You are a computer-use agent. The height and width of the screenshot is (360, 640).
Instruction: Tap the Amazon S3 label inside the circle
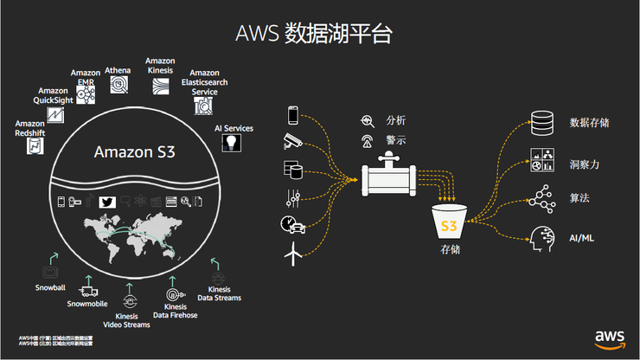click(x=135, y=153)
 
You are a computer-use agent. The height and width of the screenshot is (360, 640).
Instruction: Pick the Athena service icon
click(x=118, y=85)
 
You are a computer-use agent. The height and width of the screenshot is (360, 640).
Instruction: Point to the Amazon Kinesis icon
click(x=161, y=85)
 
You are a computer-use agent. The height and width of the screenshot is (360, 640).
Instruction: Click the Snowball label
click(x=51, y=285)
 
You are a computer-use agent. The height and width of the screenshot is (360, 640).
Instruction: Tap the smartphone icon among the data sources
click(x=293, y=114)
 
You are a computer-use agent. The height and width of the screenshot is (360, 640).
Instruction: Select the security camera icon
click(x=292, y=140)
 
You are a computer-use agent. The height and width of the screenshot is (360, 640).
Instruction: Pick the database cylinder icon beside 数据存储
click(x=541, y=123)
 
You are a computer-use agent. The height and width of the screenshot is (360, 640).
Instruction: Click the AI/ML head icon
click(x=541, y=236)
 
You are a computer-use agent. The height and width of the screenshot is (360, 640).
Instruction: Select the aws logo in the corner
click(x=610, y=337)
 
